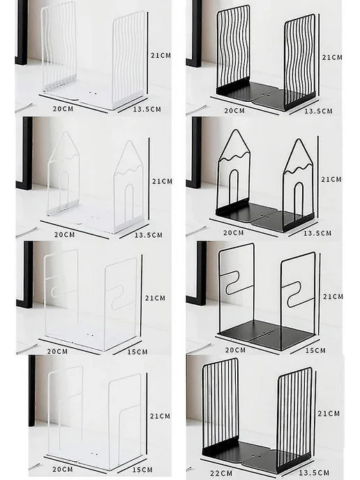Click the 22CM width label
(221, 473)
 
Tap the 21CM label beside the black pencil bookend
(331, 179)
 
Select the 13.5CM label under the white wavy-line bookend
(147, 109)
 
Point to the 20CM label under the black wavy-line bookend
(234, 110)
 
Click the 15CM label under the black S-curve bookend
(315, 350)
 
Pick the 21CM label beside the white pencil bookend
(163, 181)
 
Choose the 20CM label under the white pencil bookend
(65, 235)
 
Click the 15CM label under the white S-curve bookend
(137, 352)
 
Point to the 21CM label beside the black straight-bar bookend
(329, 414)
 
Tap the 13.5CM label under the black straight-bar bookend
(314, 473)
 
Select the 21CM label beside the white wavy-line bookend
(160, 55)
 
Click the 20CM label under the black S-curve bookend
(235, 350)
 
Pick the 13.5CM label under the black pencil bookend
(317, 233)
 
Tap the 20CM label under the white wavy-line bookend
(63, 109)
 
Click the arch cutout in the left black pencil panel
(234, 186)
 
